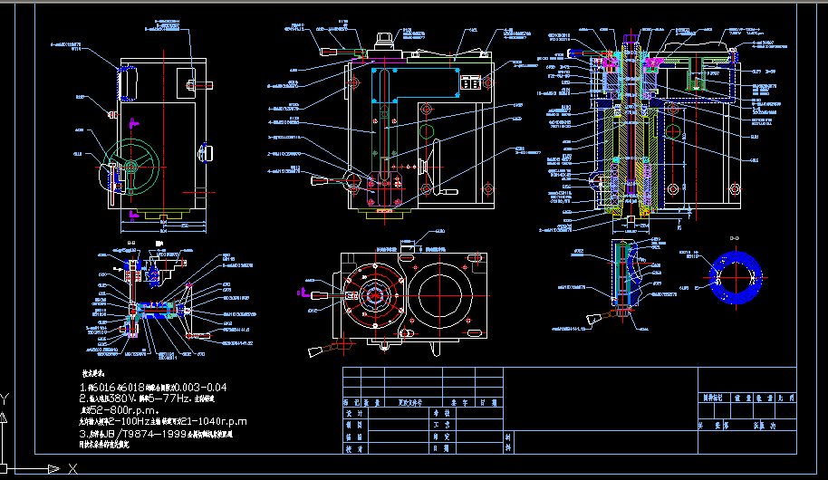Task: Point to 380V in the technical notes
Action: (123, 398)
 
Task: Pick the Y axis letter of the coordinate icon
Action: (5, 398)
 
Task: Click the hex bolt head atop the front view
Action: (384, 41)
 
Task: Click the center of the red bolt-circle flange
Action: (373, 295)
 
